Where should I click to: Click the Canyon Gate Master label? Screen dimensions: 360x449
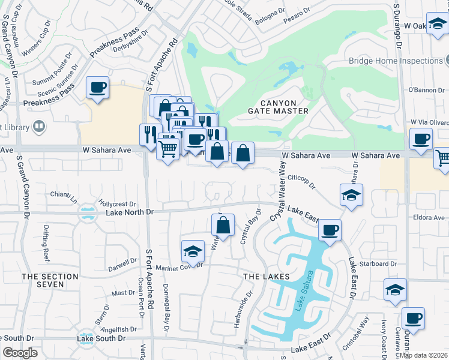click(x=278, y=107)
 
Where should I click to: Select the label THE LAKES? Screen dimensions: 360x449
click(x=267, y=276)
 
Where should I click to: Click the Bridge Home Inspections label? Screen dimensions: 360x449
click(x=396, y=61)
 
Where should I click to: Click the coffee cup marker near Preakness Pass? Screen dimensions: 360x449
click(x=97, y=88)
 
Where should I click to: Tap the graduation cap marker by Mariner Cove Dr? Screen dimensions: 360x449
click(x=193, y=251)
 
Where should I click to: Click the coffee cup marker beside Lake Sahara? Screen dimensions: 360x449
click(x=329, y=230)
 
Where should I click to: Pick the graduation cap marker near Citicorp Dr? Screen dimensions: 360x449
click(x=351, y=194)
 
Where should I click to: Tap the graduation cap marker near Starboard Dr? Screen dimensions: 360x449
click(x=395, y=289)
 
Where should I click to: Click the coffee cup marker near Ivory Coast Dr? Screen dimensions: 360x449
click(x=413, y=319)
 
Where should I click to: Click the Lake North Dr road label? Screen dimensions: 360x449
click(x=130, y=212)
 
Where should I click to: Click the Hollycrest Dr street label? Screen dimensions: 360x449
click(x=118, y=204)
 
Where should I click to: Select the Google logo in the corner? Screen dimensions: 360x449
click(x=20, y=352)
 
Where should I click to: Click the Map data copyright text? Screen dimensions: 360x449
click(x=423, y=355)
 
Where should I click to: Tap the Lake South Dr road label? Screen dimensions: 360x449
click(x=101, y=338)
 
